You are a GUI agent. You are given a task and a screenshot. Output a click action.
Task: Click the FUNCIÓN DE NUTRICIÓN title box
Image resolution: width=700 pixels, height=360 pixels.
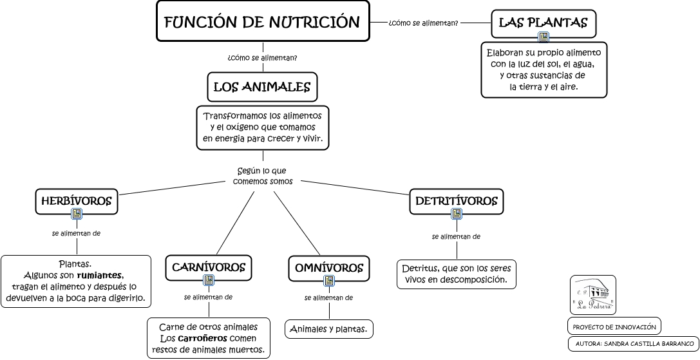(263, 22)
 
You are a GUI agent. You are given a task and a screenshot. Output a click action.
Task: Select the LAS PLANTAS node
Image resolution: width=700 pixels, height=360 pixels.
(544, 23)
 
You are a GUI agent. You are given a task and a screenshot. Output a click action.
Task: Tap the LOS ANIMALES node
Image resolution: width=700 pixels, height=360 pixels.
(262, 87)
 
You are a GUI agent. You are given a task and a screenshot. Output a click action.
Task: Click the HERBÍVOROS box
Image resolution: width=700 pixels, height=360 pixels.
(76, 201)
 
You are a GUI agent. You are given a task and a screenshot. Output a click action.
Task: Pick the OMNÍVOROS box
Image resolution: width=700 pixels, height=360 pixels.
(328, 268)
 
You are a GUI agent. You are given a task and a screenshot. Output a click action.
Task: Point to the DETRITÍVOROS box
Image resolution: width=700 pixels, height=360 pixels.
(456, 201)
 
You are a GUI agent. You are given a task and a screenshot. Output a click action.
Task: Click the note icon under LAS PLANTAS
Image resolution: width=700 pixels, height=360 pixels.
(544, 37)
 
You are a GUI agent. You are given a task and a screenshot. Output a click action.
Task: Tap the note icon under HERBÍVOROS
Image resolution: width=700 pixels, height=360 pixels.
(77, 214)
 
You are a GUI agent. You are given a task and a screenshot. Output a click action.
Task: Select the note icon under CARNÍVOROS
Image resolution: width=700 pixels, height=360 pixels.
(208, 280)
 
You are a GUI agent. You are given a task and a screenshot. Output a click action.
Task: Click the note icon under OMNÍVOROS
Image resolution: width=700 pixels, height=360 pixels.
(329, 281)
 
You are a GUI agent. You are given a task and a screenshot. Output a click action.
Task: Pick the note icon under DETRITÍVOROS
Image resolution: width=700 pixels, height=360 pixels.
(457, 214)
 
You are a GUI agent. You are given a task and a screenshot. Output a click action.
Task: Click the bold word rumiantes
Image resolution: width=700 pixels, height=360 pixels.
(99, 275)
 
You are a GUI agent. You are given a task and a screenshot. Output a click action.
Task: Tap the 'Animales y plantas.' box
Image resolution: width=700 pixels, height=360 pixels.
(329, 329)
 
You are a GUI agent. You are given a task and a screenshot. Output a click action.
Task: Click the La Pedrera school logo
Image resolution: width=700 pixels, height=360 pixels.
(592, 295)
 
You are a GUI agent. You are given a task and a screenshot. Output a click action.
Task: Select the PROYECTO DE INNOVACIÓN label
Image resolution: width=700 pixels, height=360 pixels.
(614, 327)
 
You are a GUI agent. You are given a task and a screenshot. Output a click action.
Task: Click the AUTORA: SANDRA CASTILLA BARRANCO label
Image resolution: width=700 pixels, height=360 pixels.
(634, 344)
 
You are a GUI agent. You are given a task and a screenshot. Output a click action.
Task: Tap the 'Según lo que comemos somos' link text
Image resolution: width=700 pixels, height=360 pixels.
(262, 176)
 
